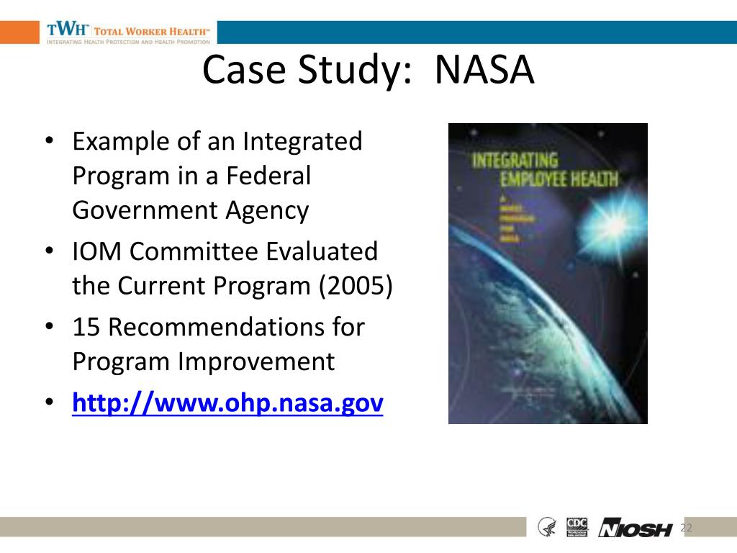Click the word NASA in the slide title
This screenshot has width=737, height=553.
(x=484, y=71)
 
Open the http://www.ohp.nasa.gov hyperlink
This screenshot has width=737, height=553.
(x=227, y=403)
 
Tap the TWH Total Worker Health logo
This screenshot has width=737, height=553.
(x=128, y=32)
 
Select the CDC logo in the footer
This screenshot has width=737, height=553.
(x=577, y=526)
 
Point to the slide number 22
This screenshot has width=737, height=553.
(x=686, y=529)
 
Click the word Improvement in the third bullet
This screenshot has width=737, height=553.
(x=256, y=361)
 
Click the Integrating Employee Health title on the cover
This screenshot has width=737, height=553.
(x=545, y=169)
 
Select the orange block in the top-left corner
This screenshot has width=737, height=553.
(x=19, y=32)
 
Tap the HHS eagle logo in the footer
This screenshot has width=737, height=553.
(x=547, y=527)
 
